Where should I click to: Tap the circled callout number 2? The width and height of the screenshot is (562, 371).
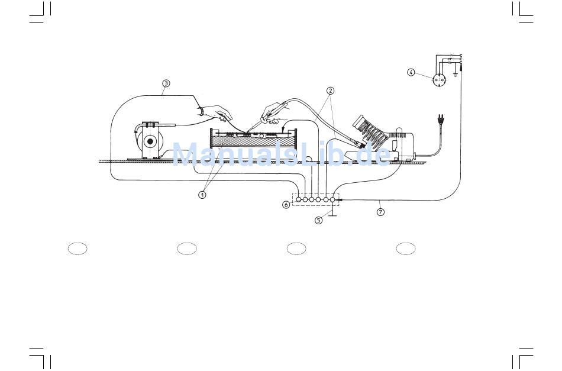330,91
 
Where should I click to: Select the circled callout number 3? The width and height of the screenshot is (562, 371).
166,83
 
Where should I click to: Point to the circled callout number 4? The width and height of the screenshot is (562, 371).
411,73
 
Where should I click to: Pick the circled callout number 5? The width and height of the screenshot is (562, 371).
318,221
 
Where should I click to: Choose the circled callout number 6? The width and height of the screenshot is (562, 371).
286,204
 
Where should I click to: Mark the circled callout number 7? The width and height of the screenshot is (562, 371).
380,212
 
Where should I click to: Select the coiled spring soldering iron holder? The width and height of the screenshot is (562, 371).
370,133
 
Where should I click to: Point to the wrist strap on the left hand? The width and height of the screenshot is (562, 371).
202,110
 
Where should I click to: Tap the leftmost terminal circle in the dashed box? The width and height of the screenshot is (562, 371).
299,199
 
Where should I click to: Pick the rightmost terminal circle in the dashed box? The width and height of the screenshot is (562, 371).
332,199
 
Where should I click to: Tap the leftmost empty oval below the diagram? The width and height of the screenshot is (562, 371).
77,249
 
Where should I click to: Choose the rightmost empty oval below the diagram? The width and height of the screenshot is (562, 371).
406,249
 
